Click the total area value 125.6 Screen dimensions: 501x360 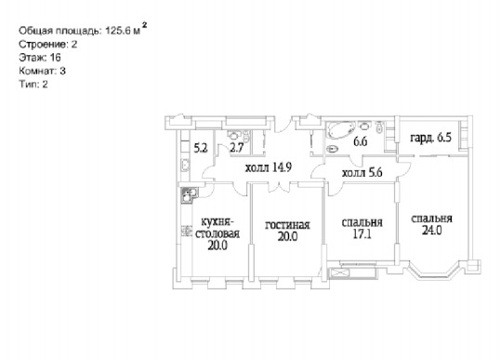coord(119,31)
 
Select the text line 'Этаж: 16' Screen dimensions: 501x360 coord(40,58)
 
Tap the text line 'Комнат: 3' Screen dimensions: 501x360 coord(42,71)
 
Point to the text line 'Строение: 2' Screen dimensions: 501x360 coord(48,44)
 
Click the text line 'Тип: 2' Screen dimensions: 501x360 coord(33,84)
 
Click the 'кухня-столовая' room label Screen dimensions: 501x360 coord(218,228)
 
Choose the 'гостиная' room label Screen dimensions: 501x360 coord(287,225)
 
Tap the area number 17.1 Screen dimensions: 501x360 coord(362,234)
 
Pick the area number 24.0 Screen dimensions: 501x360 coord(431,230)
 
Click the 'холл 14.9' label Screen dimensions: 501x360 coord(269,167)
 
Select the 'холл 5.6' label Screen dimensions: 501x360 coord(362,173)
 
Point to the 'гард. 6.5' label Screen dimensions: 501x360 coord(430,138)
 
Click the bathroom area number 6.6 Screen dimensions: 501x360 coord(360,141)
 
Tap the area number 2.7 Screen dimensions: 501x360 coord(237,148)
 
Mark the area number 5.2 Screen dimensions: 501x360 coord(201,148)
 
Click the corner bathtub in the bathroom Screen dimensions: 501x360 coord(340,130)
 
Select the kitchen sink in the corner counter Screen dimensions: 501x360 coord(189,195)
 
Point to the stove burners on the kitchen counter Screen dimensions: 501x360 coord(186,231)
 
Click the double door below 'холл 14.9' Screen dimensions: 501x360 coord(279,187)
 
